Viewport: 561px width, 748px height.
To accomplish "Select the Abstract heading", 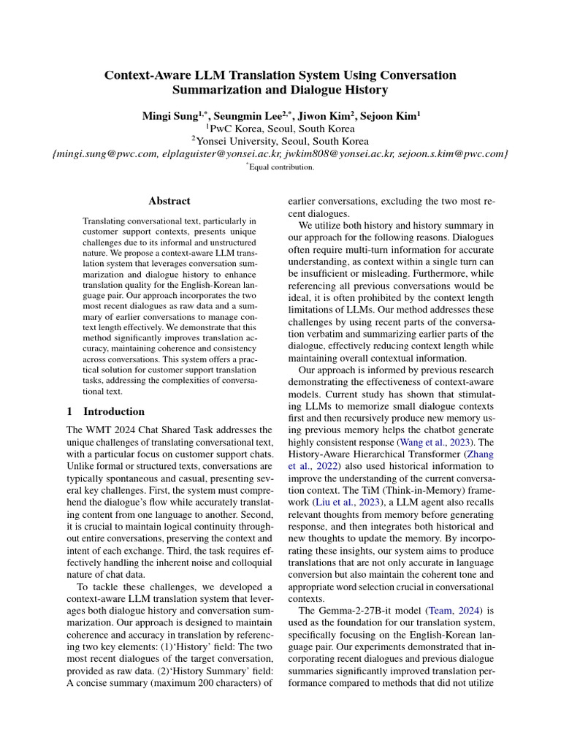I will coord(169,201).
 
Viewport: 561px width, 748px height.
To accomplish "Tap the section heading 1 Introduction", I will coord(106,411).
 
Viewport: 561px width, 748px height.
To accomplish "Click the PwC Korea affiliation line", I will coord(280,129).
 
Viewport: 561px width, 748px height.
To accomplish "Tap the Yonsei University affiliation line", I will coord(280,141).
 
